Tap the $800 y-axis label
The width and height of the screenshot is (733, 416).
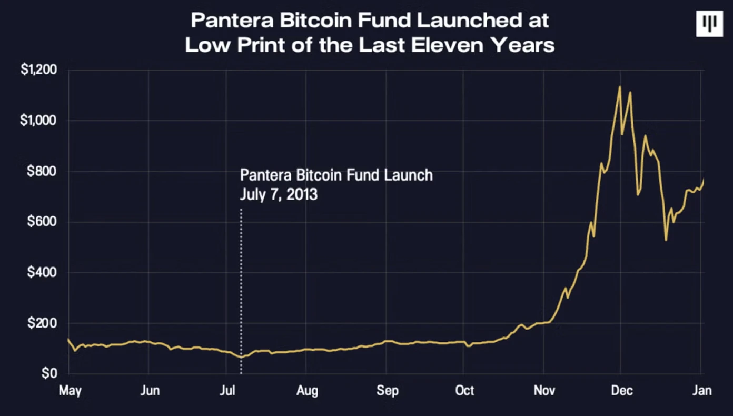43,171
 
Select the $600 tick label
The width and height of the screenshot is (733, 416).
43,222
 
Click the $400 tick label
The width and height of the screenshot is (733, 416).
43,272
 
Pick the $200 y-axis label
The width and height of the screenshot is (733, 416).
43,323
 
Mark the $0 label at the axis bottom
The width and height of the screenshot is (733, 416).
49,373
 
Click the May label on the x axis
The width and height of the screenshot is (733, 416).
70,391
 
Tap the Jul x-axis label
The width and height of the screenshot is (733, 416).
226,391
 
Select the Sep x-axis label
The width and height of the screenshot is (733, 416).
387,391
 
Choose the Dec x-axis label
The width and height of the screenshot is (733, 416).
621,391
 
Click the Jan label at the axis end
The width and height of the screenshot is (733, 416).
701,391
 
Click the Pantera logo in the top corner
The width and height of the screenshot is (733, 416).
709,24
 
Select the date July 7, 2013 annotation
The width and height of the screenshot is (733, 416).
279,194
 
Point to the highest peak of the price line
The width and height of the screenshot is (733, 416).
620,87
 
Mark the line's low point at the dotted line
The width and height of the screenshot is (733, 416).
241,357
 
